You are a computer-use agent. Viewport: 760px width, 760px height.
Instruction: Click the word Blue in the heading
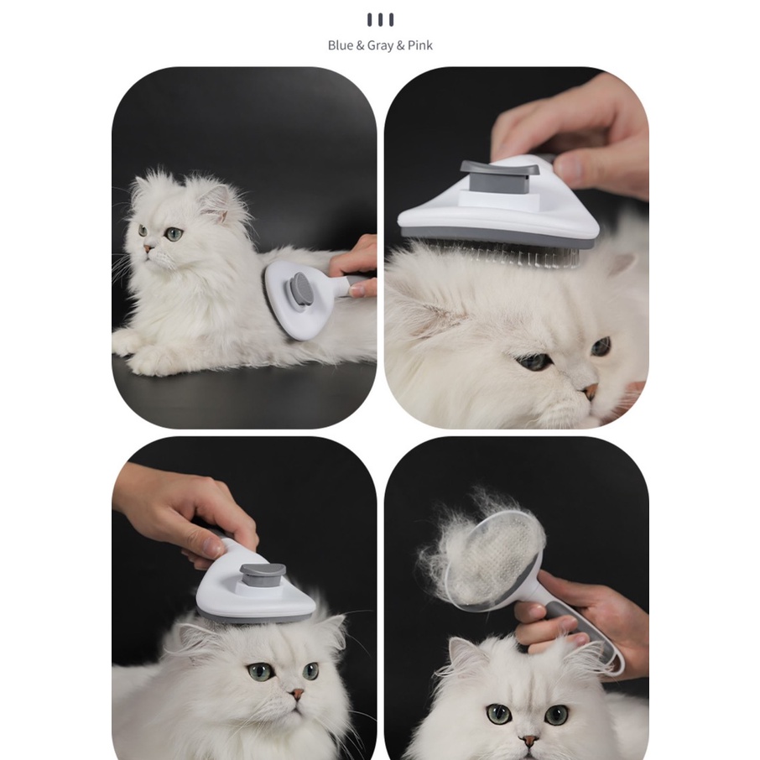pos(341,45)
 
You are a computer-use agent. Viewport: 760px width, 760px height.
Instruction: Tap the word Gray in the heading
pos(380,45)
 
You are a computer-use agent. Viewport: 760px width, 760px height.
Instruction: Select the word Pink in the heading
pos(419,45)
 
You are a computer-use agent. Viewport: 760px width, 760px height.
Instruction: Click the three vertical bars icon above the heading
pos(380,20)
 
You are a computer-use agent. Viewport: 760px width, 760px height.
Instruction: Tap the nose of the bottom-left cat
pos(297,694)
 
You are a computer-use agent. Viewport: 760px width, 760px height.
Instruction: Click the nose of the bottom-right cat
pos(529,741)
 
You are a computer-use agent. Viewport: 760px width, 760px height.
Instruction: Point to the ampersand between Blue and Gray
pos(360,45)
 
